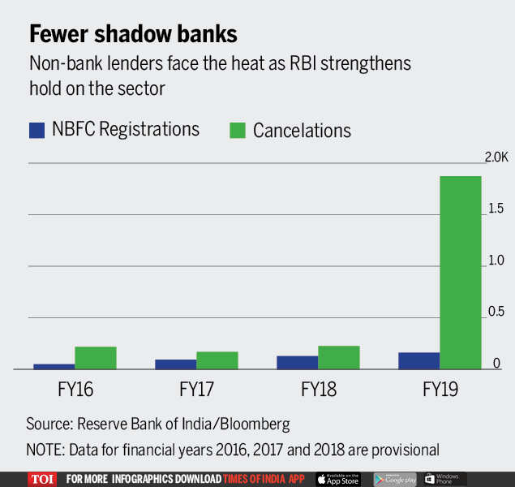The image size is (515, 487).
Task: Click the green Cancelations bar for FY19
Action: (x=460, y=273)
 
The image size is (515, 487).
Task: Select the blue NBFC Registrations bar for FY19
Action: (x=419, y=360)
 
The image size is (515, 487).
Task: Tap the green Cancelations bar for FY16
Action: (x=96, y=358)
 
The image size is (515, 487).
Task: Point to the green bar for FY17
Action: (x=217, y=360)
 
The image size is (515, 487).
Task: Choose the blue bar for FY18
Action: (x=298, y=362)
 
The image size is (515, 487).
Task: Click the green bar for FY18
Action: (x=339, y=357)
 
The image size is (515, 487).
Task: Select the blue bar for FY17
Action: (x=176, y=364)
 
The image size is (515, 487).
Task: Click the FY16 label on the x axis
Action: (x=74, y=390)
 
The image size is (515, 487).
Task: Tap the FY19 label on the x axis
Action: (x=440, y=390)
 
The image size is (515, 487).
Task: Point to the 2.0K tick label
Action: (x=496, y=157)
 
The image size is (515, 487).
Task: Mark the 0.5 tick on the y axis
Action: (x=495, y=312)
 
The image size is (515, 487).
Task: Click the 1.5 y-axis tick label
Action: (x=495, y=209)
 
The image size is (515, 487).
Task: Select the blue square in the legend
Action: (x=36, y=129)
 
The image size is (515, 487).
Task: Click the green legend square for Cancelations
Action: (x=237, y=129)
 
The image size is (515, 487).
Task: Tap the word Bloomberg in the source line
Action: (x=248, y=424)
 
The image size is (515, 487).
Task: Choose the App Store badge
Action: (x=338, y=479)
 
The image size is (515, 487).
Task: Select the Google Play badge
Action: (x=395, y=479)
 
